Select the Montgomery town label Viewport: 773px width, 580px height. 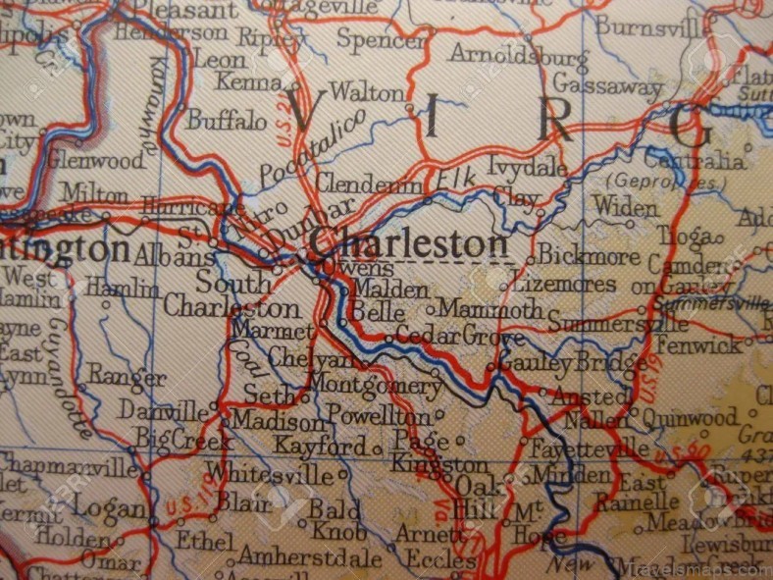point(375,385)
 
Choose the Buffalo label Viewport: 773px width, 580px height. point(227,121)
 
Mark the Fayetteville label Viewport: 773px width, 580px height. point(590,449)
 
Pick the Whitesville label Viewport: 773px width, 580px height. point(270,474)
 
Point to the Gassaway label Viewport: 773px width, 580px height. point(607,86)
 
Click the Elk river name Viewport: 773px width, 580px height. point(455,180)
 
